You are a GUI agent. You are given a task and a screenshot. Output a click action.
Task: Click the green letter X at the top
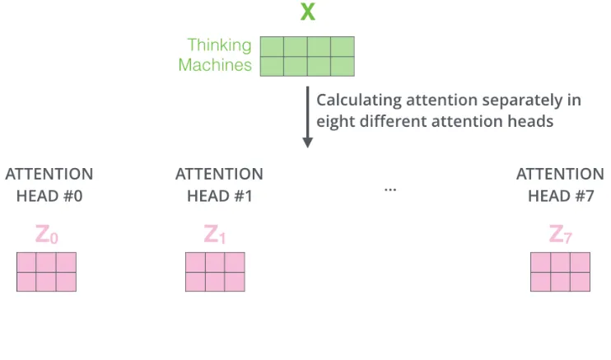pyautogui.click(x=307, y=13)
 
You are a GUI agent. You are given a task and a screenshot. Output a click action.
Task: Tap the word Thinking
pyautogui.click(x=220, y=45)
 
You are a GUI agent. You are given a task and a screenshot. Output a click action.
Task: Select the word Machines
pyautogui.click(x=215, y=65)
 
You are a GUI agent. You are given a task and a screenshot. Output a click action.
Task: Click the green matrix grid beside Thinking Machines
pyautogui.click(x=307, y=56)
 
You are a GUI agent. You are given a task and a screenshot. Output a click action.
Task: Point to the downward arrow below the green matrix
pyautogui.click(x=308, y=116)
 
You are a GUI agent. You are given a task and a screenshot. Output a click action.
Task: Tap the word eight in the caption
pyautogui.click(x=336, y=120)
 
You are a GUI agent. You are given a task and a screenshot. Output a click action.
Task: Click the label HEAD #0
pyautogui.click(x=49, y=196)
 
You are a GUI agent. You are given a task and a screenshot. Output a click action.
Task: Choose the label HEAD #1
pyautogui.click(x=219, y=196)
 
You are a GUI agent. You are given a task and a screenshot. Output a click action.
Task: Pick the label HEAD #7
pyautogui.click(x=560, y=196)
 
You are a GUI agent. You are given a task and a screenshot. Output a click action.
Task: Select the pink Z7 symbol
pyautogui.click(x=560, y=236)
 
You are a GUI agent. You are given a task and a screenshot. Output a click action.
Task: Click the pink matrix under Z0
pyautogui.click(x=46, y=272)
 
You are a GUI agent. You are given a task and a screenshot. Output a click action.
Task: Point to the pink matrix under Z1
pyautogui.click(x=215, y=272)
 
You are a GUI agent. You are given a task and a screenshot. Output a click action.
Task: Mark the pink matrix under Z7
pyautogui.click(x=560, y=272)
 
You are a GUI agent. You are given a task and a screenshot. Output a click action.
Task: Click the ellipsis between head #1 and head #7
pyautogui.click(x=389, y=189)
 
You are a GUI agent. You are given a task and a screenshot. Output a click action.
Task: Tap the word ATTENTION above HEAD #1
pyautogui.click(x=219, y=175)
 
